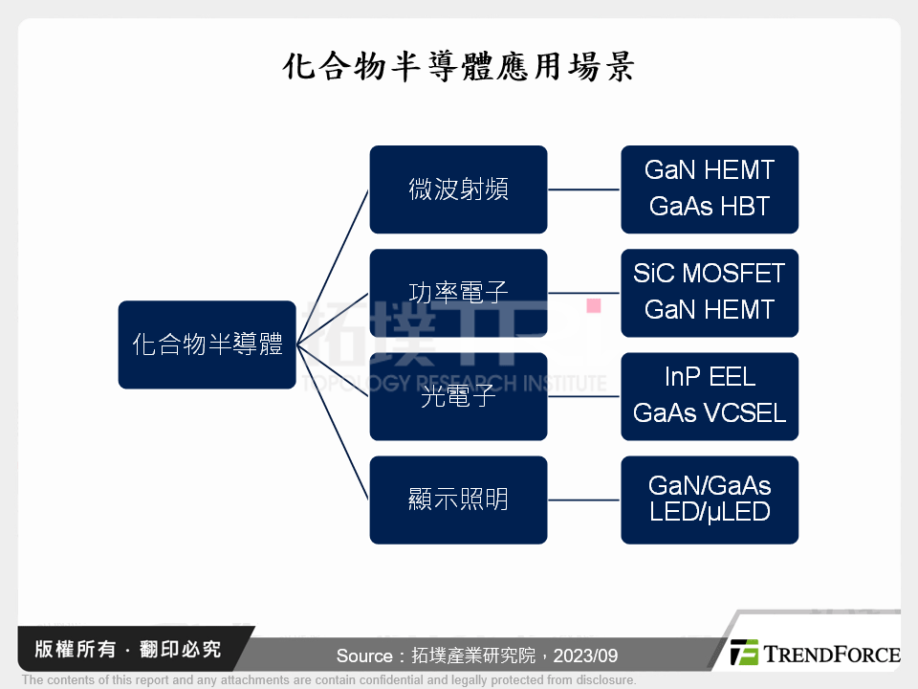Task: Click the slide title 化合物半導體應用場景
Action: pyautogui.click(x=459, y=68)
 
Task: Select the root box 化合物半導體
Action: pyautogui.click(x=207, y=344)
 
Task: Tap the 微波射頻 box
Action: pyautogui.click(x=458, y=189)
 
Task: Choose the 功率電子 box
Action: pyautogui.click(x=458, y=293)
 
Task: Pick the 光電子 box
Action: pyautogui.click(x=458, y=396)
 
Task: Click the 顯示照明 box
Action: pyautogui.click(x=458, y=500)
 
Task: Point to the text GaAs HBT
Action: pyautogui.click(x=709, y=207)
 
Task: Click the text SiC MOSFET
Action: pyautogui.click(x=709, y=274)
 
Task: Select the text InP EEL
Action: pyautogui.click(x=709, y=377)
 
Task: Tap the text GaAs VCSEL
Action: pyautogui.click(x=709, y=413)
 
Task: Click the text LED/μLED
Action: pyautogui.click(x=709, y=512)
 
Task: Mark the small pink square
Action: pyautogui.click(x=593, y=306)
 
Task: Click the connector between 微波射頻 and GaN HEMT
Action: pyautogui.click(x=583, y=189)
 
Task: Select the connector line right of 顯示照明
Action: pyautogui.click(x=583, y=500)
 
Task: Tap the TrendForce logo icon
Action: pyautogui.click(x=744, y=653)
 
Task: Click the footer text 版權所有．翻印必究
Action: pyautogui.click(x=127, y=650)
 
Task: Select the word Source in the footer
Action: pyautogui.click(x=364, y=656)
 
